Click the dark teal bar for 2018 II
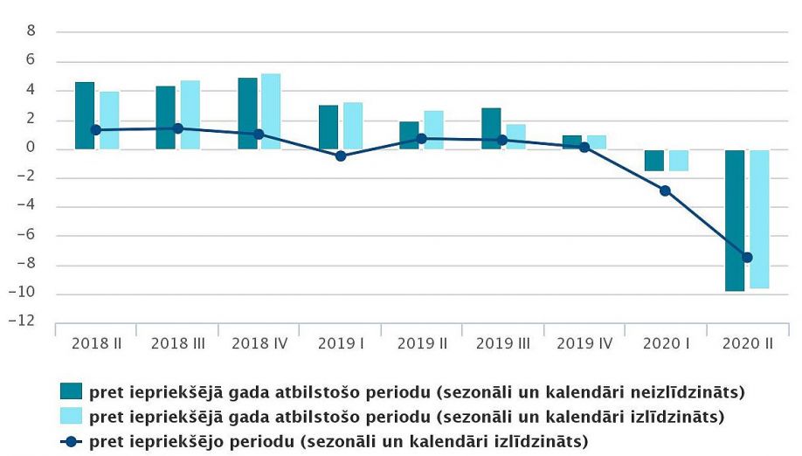point(84,115)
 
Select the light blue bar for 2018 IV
point(271,111)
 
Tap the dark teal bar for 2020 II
point(734,220)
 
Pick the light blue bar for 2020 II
point(759,218)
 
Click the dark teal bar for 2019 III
point(491,128)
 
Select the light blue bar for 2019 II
point(434,130)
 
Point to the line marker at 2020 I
point(665,190)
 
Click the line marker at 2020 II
point(747,257)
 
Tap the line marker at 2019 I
point(341,156)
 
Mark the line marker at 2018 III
point(178,128)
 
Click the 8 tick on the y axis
point(31,31)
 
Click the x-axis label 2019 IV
point(584,343)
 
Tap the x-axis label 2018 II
point(97,343)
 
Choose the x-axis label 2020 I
point(666,343)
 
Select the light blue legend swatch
point(71,416)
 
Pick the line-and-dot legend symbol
point(71,441)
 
